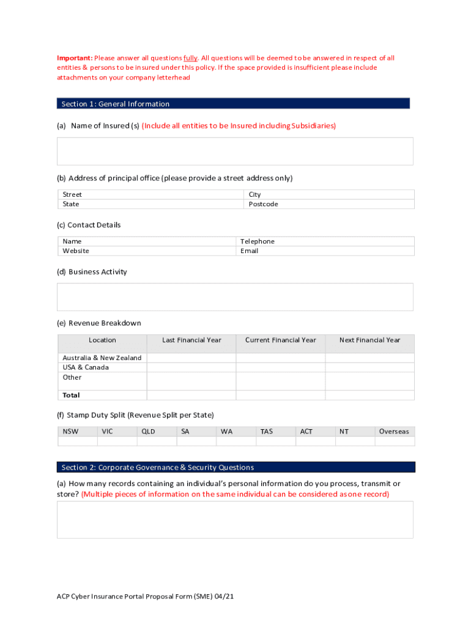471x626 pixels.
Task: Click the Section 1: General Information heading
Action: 116,104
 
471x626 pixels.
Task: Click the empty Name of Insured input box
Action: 235,151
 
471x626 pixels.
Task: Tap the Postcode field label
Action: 263,204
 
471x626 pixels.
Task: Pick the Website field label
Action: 76,251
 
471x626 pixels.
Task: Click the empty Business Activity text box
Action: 235,296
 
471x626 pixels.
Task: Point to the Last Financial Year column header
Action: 191,340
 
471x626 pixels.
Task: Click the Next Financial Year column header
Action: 369,340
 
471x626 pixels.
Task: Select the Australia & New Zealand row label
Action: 102,358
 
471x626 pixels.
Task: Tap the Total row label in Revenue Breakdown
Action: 71,395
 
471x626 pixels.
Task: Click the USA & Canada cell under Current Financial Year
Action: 280,367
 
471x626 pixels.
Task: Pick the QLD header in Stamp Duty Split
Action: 148,432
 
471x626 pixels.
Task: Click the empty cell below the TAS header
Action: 275,441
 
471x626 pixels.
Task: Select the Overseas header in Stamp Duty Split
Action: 394,432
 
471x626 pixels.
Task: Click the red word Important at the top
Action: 75,58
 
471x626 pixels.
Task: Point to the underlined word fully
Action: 190,58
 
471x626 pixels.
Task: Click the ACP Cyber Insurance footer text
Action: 141,596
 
